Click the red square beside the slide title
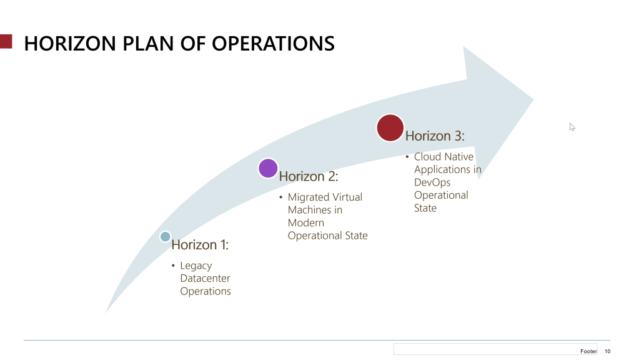6,42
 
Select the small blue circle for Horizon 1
165,236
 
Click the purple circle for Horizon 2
268,168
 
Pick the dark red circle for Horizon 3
390,127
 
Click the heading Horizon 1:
200,245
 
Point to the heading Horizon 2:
308,176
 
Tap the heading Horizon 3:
435,136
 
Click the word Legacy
196,266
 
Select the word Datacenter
205,278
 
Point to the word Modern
305,222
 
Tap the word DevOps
432,182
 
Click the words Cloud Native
443,156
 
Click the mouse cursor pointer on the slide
572,127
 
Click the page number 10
607,351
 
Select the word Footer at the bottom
588,351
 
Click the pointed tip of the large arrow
532,99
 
